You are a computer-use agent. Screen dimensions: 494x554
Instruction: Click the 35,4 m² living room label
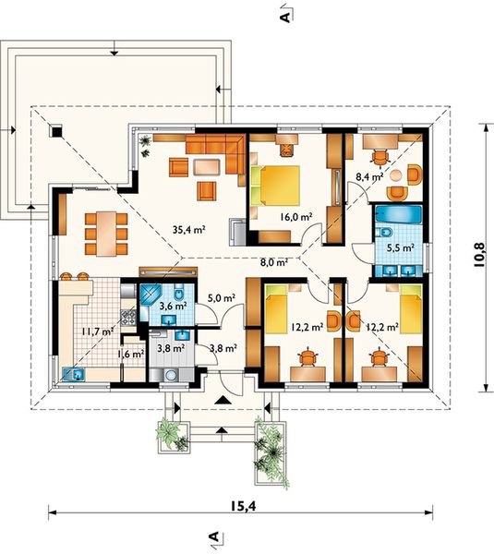click(189, 230)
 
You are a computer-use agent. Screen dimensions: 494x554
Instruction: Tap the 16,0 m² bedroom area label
click(296, 217)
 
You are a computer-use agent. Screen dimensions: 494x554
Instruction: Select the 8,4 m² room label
click(369, 176)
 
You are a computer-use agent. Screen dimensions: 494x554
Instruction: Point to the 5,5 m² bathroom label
click(400, 248)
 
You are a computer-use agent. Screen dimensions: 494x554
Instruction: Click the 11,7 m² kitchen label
click(97, 331)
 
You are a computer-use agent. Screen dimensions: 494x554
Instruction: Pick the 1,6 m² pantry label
click(130, 353)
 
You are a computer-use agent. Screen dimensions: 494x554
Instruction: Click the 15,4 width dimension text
click(244, 506)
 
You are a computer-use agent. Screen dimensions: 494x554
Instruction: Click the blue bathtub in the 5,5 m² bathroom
click(398, 214)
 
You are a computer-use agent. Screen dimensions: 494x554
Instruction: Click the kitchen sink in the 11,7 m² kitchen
click(74, 374)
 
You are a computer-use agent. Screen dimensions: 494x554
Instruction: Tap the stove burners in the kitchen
click(128, 318)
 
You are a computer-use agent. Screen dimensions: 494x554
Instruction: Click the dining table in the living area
click(106, 234)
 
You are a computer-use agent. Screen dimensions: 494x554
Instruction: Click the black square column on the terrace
click(56, 131)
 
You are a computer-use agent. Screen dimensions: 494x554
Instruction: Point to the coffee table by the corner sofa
click(207, 167)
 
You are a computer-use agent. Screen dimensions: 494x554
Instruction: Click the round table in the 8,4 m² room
click(396, 175)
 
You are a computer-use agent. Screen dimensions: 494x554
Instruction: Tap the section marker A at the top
click(286, 16)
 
